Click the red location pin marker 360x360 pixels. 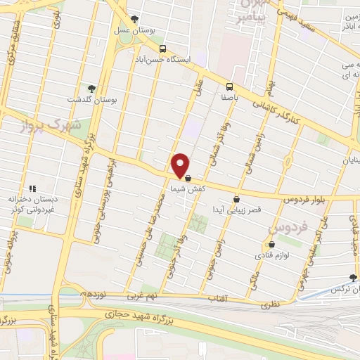pyautogui.click(x=181, y=165)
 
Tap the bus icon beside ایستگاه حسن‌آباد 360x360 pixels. pyautogui.click(x=163, y=49)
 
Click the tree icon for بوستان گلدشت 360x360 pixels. pyautogui.click(x=92, y=88)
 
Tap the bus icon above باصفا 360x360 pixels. pyautogui.click(x=228, y=87)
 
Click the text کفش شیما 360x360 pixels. pyautogui.click(x=187, y=190)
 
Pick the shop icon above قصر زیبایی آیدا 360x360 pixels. pyautogui.click(x=236, y=199)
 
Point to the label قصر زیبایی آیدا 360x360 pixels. pyautogui.click(x=239, y=210)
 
